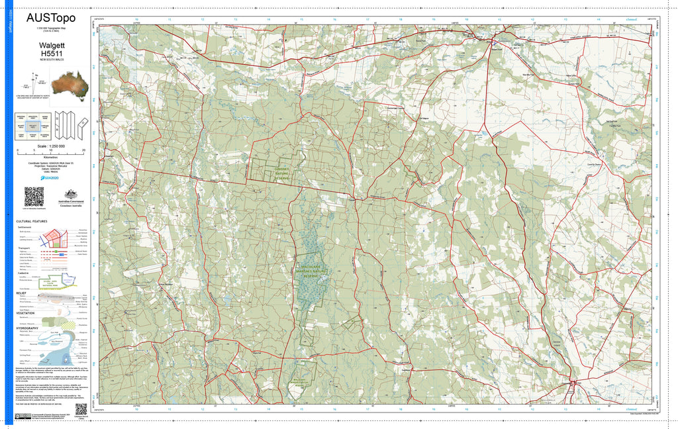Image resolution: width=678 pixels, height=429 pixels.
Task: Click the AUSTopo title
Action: coord(50,19)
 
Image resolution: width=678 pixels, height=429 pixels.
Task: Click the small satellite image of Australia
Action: coord(69,84)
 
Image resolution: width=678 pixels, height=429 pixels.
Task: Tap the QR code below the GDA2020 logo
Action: coord(34,197)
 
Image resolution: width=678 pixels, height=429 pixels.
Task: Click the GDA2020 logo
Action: coord(50,177)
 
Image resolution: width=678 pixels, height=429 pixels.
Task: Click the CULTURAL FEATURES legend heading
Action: coord(32,221)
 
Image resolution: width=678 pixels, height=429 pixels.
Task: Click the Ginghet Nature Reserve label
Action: coord(283,173)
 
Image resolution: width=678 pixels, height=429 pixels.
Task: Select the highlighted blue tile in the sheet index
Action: coord(32,125)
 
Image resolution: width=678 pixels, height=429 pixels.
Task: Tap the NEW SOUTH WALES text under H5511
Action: coord(51,60)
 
